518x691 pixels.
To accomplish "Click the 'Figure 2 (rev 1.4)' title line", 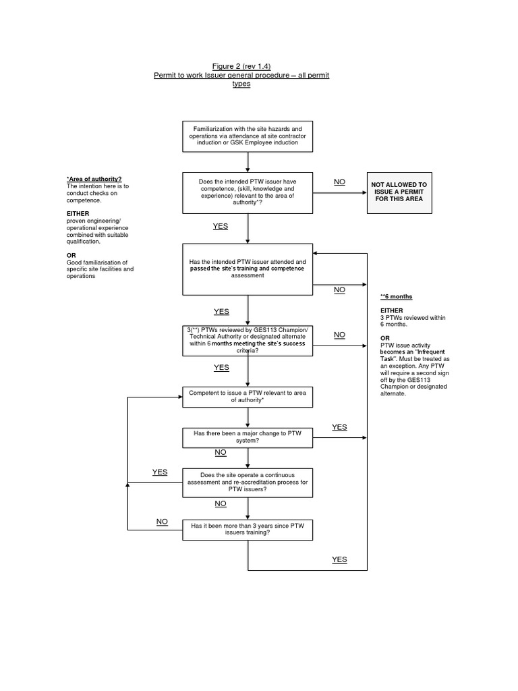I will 241,65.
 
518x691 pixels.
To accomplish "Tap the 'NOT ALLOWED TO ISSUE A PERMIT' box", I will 399,192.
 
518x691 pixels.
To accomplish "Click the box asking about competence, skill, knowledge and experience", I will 248,192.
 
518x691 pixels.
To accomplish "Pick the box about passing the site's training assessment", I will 248,269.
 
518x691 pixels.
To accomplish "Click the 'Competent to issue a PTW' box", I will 248,397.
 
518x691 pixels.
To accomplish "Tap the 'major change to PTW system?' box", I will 248,437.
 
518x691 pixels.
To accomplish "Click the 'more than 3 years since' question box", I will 248,529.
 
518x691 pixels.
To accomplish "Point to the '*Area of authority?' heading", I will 94,179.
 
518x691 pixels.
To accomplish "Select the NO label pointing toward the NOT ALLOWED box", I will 339,182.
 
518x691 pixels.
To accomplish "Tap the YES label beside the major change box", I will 339,427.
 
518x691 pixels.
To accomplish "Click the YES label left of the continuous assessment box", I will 160,472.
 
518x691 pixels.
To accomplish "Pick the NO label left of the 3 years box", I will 163,522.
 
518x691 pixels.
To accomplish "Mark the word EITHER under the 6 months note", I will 392,310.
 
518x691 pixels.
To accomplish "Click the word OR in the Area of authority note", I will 71,255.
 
